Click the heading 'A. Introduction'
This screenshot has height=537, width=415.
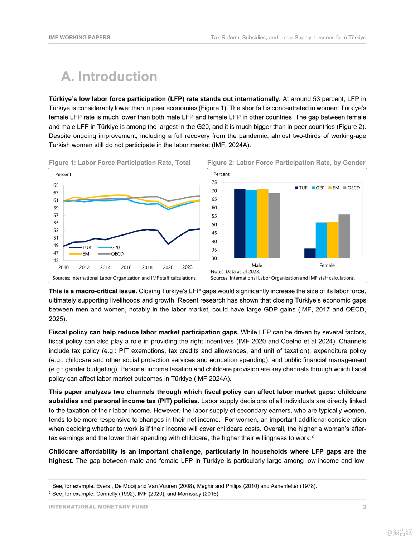[109, 77]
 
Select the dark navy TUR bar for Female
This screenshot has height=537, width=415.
[310, 253]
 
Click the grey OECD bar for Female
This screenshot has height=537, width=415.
[344, 236]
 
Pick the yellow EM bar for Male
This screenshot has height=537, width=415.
[262, 224]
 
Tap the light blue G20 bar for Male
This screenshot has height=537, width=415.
[251, 224]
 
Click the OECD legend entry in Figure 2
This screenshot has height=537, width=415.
[351, 188]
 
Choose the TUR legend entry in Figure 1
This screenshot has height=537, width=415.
[81, 247]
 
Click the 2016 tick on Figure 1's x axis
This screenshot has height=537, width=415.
[126, 267]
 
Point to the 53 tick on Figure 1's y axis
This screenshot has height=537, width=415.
[56, 230]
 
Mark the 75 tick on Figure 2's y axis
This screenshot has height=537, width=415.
[214, 182]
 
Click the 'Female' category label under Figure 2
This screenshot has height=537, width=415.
[327, 265]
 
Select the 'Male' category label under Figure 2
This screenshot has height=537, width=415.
[257, 265]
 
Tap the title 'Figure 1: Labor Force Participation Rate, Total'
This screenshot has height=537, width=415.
[120, 163]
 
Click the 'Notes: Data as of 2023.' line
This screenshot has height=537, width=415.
[235, 271]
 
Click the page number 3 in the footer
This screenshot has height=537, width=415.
[364, 507]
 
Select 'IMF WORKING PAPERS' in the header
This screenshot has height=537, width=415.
[79, 38]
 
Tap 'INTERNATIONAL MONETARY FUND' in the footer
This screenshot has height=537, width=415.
[98, 507]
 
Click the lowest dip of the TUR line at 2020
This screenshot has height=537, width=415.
[168, 244]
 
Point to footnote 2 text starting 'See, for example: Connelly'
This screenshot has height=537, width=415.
[136, 494]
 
